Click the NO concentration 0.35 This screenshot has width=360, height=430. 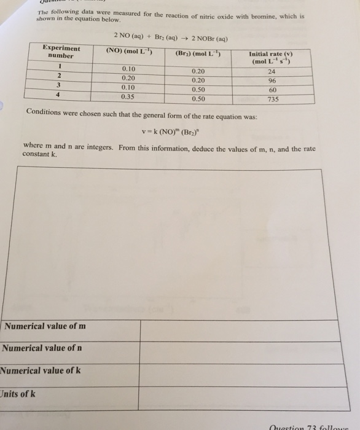tap(128, 96)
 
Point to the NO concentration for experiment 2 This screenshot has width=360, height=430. tap(128, 78)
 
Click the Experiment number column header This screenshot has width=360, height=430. tap(61, 51)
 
